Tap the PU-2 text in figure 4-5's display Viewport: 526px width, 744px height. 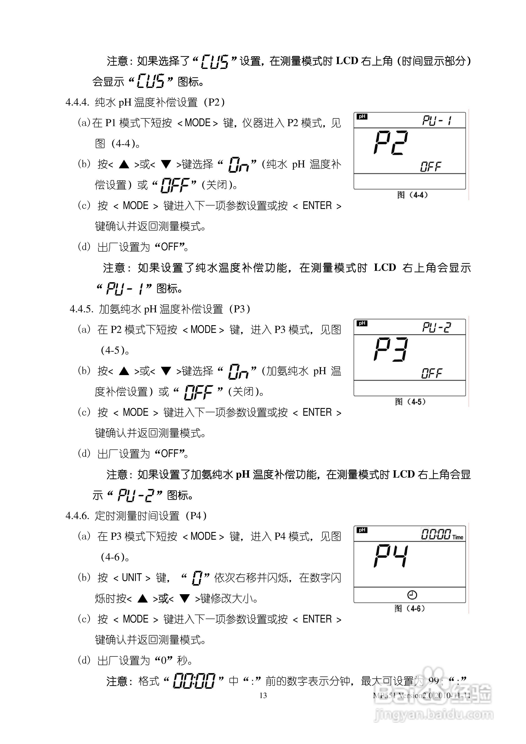pos(436,327)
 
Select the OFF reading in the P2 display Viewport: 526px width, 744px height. pos(431,167)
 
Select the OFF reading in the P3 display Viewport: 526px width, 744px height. pos(431,373)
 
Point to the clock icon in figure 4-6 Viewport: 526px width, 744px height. pos(412,595)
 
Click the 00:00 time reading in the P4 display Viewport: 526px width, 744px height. pos(436,534)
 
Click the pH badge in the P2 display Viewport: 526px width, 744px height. pos(362,117)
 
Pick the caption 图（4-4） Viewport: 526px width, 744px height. pos(412,195)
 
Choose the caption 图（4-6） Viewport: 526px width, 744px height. pos(410,609)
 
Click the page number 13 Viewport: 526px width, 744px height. pos(263,695)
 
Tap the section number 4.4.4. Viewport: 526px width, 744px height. pos(77,102)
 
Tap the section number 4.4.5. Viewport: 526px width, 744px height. pos(81,309)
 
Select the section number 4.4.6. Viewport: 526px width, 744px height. pos(77,516)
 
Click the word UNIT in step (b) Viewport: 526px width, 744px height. pos(132,578)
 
